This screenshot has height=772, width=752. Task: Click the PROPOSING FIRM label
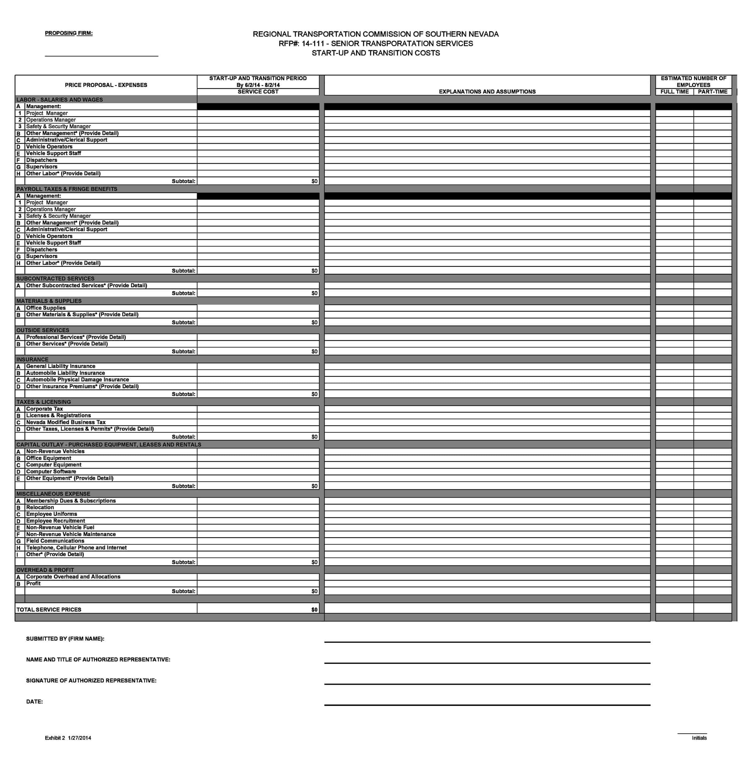[69, 33]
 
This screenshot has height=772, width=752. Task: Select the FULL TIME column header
[674, 92]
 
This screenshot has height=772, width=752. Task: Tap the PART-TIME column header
[712, 92]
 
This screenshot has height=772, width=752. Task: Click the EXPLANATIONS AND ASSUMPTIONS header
[487, 92]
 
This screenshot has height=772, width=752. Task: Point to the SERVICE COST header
[258, 92]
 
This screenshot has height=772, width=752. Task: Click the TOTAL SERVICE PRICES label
[49, 609]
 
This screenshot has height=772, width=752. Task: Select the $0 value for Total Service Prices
[314, 609]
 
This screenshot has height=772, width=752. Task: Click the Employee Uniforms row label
[51, 514]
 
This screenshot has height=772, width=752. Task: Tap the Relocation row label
[40, 507]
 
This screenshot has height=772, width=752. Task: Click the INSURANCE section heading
[32, 359]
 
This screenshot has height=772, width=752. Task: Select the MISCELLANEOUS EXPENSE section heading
[53, 494]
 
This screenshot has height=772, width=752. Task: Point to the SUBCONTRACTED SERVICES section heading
[55, 278]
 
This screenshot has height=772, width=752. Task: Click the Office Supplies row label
[46, 308]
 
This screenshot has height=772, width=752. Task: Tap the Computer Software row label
[51, 471]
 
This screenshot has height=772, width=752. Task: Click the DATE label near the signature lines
[34, 701]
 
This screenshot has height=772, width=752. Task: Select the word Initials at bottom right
[699, 738]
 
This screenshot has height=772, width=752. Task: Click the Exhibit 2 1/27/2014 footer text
[68, 738]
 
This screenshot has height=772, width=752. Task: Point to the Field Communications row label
[55, 541]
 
